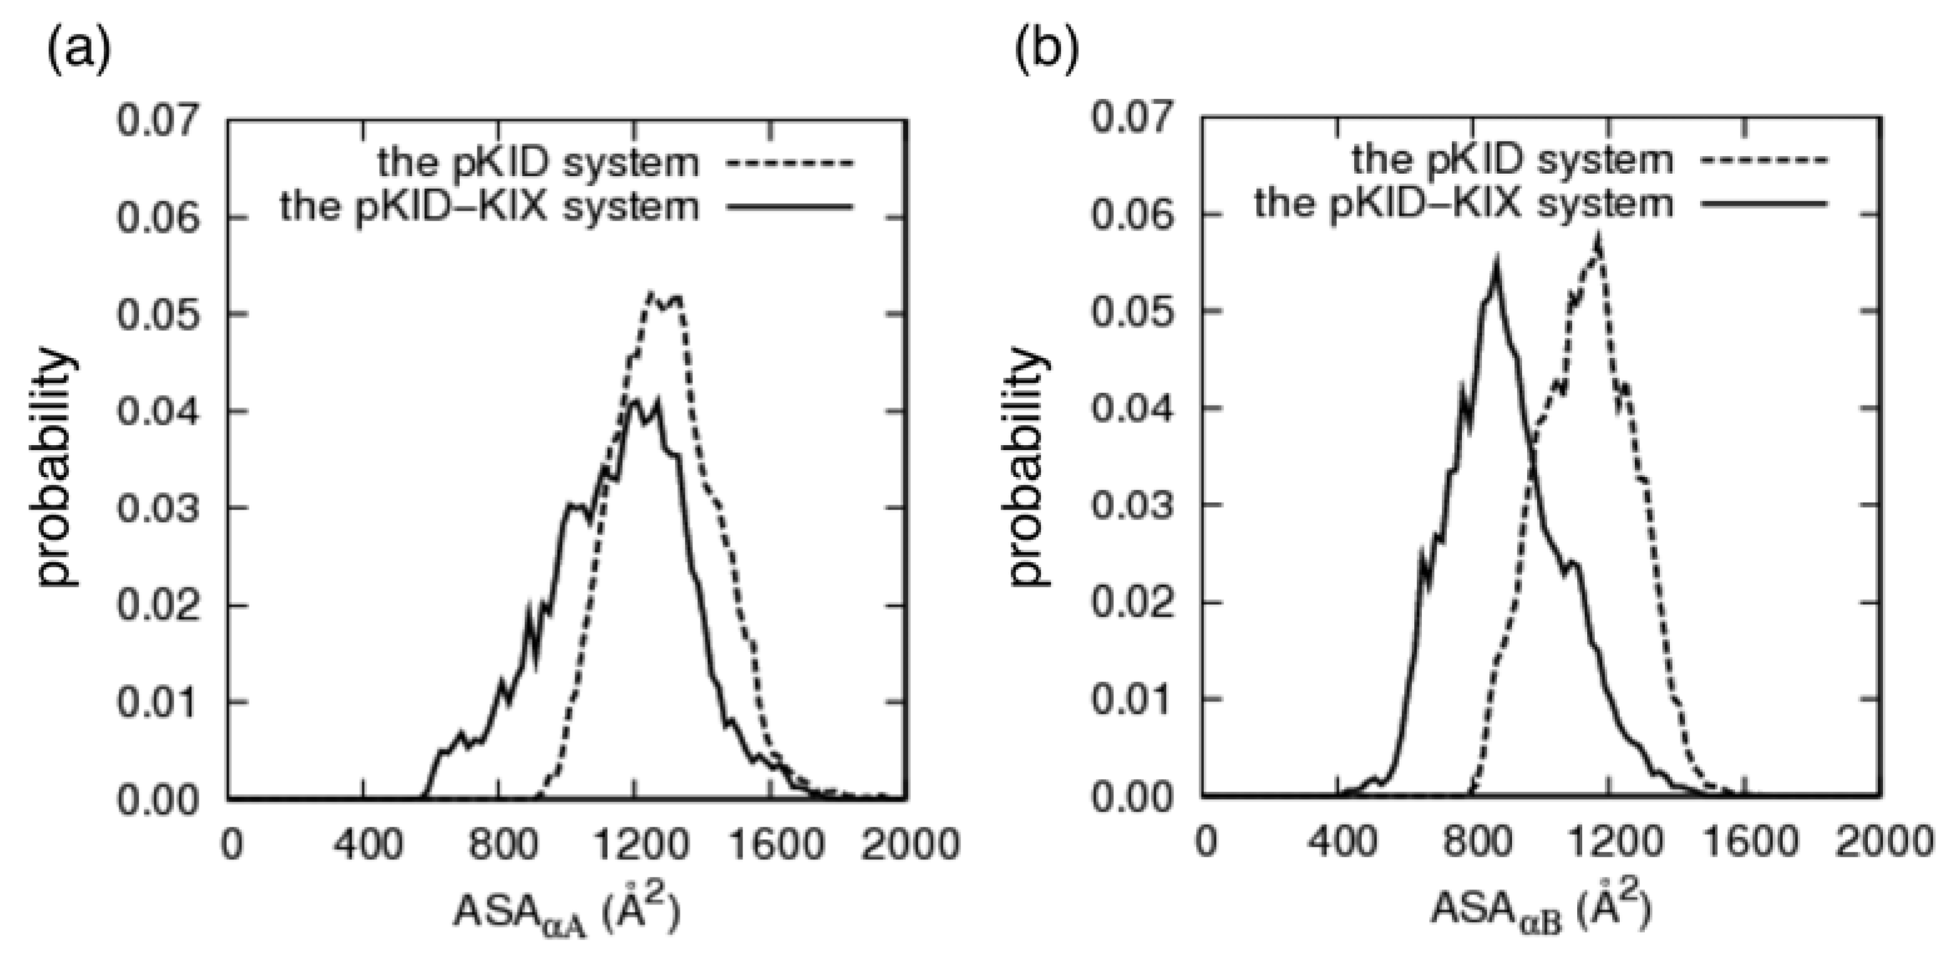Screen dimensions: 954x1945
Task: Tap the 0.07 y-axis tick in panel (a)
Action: click(159, 121)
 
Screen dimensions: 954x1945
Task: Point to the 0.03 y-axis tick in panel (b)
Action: click(1134, 505)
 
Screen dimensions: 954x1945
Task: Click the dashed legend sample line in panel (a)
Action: click(789, 162)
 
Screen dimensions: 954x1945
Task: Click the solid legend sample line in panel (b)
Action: click(1764, 204)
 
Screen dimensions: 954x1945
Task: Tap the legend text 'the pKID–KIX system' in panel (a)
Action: click(489, 206)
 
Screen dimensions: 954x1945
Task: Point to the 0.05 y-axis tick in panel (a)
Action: click(159, 314)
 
